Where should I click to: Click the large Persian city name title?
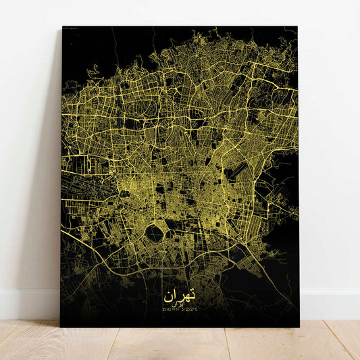(179, 295)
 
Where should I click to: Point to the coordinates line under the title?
(179, 311)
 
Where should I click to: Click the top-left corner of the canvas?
(62, 26)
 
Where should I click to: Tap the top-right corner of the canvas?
(297, 26)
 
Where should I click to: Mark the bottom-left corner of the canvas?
(61, 328)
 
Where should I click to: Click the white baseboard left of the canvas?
(27, 305)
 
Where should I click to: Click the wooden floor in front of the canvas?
(180, 344)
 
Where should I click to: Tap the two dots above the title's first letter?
(192, 289)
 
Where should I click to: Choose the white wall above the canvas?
(180, 12)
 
